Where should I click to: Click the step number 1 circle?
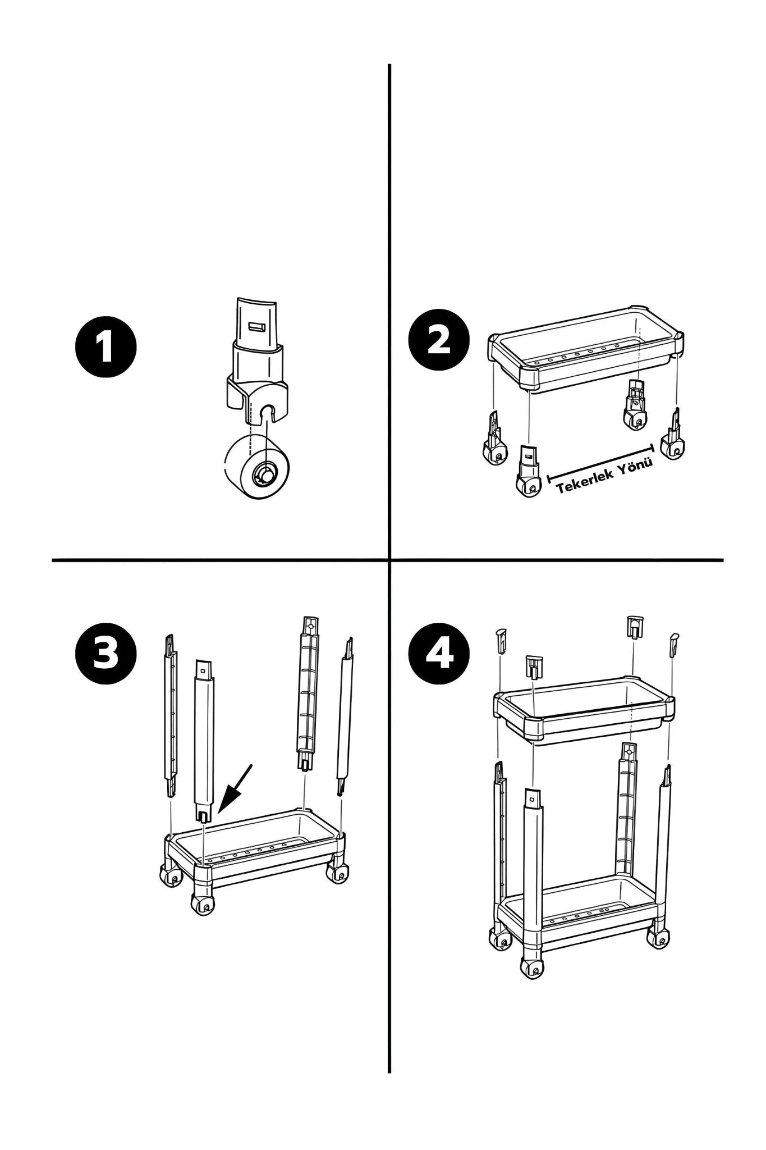106,347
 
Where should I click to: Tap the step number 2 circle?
439,341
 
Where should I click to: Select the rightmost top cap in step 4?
673,645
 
